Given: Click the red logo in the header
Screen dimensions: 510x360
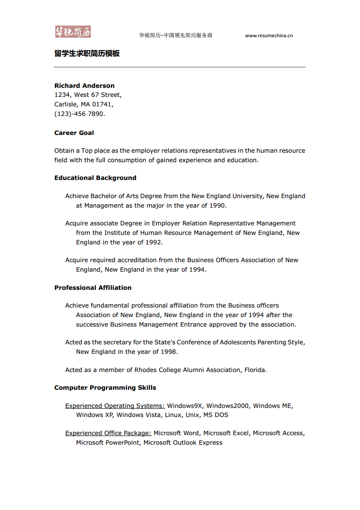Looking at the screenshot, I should (73, 32).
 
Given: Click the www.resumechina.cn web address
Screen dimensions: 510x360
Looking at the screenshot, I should (269, 35).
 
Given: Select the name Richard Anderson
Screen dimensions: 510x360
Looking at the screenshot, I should (84, 86).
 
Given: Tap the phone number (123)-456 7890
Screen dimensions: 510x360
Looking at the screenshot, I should (80, 114).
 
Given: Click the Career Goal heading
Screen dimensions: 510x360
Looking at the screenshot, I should (74, 133).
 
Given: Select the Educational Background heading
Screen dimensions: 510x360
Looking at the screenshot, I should (95, 178).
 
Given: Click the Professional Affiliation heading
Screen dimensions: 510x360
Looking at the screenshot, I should (93, 288).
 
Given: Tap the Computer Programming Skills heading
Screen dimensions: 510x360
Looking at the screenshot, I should (105, 388).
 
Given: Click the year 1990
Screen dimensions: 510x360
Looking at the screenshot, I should (217, 205).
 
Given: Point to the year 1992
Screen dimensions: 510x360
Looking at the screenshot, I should (153, 242).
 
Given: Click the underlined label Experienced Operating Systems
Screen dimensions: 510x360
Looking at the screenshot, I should (115, 406).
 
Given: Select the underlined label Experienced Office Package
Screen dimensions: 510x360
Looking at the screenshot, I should (108, 433).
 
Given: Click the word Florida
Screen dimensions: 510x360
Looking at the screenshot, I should (255, 370).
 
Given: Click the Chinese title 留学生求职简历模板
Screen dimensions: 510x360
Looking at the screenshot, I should (87, 54).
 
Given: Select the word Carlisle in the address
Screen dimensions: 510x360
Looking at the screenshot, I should (66, 104).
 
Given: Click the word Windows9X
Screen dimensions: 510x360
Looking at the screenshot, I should (185, 406).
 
